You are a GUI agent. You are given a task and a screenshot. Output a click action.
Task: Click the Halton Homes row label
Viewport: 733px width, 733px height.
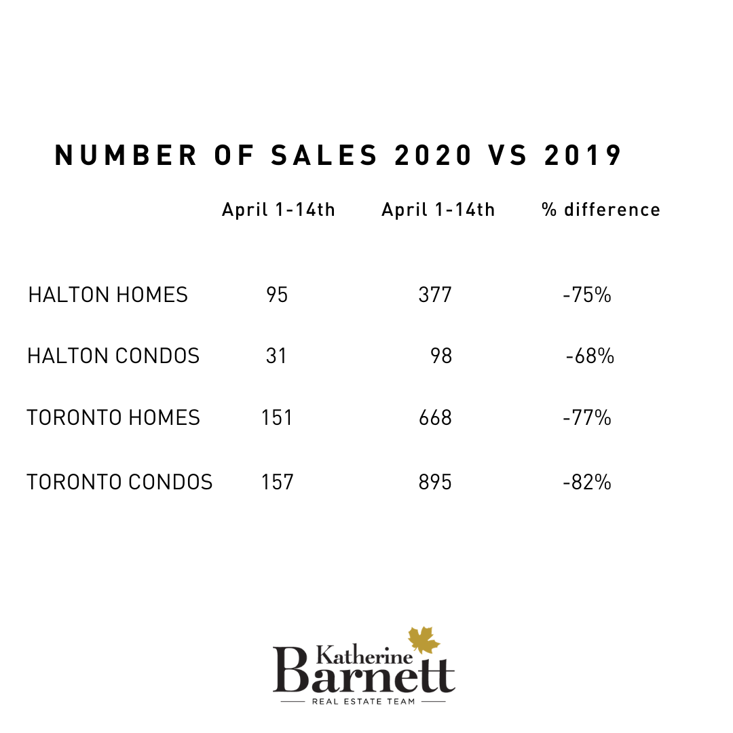(108, 295)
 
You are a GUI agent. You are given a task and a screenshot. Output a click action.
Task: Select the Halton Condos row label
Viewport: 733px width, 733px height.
(113, 356)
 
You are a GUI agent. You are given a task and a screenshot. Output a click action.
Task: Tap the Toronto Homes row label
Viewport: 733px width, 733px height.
(113, 417)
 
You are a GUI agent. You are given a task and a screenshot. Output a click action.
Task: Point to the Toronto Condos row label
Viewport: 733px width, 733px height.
(119, 483)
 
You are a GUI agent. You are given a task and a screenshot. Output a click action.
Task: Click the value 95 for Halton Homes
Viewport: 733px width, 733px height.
(278, 295)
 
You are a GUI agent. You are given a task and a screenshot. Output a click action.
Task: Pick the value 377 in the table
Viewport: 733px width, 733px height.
(435, 295)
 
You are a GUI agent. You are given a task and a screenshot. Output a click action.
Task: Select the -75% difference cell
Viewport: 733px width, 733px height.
(587, 295)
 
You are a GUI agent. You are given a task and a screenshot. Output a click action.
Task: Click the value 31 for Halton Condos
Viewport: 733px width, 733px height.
(276, 356)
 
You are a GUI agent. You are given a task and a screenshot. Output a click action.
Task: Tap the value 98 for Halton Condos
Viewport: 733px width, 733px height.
(441, 356)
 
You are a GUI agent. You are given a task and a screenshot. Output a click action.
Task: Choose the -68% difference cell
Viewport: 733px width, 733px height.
(590, 356)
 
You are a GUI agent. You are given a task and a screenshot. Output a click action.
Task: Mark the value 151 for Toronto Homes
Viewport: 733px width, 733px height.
(277, 417)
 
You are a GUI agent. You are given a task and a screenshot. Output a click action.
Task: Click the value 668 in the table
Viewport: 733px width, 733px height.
(435, 417)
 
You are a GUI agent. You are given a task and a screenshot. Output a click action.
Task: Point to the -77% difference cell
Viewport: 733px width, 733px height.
(587, 417)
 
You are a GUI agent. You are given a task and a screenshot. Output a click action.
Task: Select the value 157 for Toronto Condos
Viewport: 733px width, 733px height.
(278, 483)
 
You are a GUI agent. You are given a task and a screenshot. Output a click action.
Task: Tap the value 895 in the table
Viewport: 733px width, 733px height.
(435, 483)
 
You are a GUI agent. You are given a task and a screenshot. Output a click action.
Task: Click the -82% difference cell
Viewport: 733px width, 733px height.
(587, 483)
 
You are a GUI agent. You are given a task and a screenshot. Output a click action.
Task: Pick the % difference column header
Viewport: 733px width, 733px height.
(601, 210)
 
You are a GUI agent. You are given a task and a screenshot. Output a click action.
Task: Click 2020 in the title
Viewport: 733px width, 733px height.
(433, 155)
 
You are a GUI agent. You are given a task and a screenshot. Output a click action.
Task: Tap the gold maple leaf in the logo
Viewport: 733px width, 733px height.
(424, 640)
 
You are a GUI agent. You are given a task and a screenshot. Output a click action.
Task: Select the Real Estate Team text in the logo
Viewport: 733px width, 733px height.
(363, 701)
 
